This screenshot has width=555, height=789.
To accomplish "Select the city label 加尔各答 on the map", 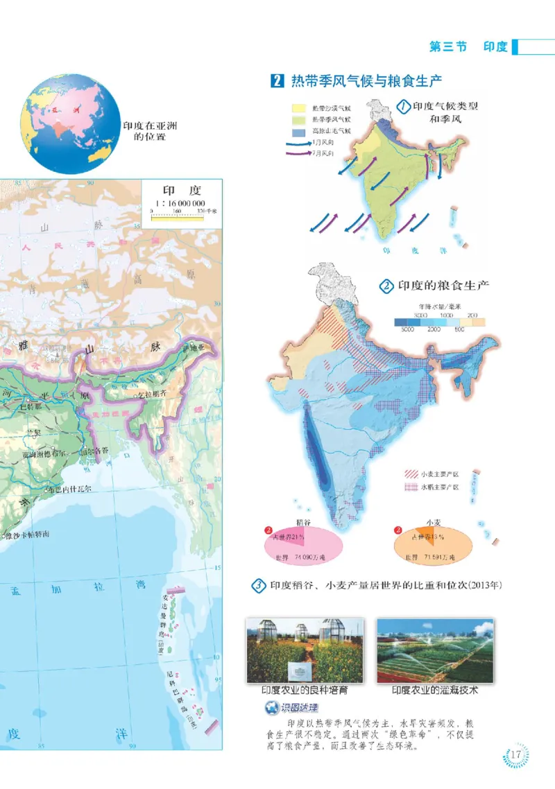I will pos(94,451).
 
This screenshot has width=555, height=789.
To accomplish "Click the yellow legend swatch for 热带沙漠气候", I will pos(299,109).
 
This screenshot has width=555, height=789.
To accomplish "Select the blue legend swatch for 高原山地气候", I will pos(299,131).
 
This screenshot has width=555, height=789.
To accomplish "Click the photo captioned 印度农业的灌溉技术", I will pos(434,650).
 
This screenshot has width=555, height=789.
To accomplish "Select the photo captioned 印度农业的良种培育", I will pos(305,650).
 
